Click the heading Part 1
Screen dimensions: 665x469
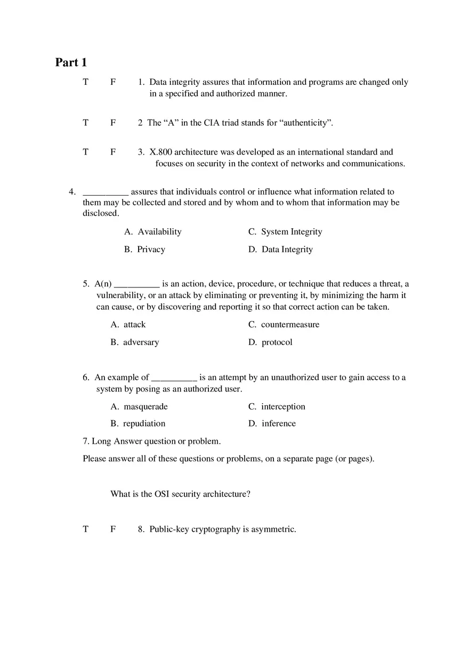tap(71, 62)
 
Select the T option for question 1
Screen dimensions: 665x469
tap(85, 82)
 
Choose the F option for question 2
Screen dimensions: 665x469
tap(113, 123)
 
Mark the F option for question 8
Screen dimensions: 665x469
tap(113, 529)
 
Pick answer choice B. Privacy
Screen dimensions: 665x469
tap(145, 249)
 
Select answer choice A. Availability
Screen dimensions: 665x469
tap(153, 231)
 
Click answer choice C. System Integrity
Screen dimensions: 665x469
tap(285, 231)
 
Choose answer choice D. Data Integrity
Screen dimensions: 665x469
tap(280, 249)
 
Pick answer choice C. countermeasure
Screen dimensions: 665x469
tap(284, 324)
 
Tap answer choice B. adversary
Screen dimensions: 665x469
tap(135, 342)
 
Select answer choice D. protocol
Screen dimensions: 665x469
tap(270, 342)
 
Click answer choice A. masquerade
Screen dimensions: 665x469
tap(139, 406)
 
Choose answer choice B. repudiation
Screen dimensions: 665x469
tap(138, 423)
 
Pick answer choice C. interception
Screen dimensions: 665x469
tap(277, 406)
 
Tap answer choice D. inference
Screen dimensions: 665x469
tap(272, 423)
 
